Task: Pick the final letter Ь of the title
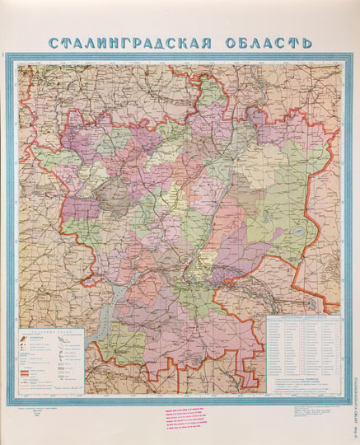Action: (x=306, y=42)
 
